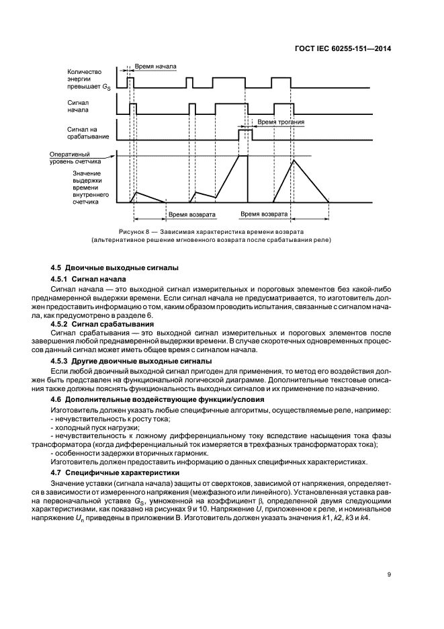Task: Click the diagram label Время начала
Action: [x=155, y=68]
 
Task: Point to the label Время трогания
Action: [x=281, y=123]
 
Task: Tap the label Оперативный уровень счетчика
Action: [x=75, y=158]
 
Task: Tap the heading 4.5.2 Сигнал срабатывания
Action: [x=99, y=321]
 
